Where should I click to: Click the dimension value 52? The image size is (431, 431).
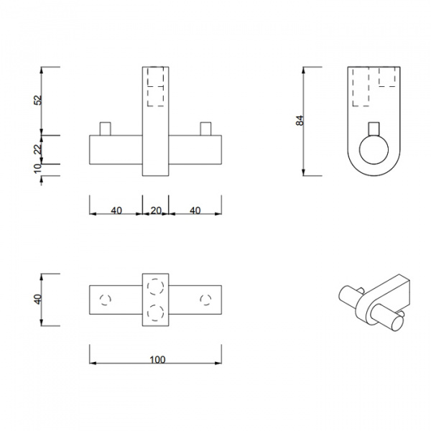[37, 100]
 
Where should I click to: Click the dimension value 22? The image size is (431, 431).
[37, 149]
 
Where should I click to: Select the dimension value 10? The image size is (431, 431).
[37, 168]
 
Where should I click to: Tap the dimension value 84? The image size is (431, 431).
[300, 121]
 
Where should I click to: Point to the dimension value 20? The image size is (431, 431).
[156, 210]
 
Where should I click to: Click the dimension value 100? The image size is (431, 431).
[157, 360]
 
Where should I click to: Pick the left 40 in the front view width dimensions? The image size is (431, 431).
[116, 210]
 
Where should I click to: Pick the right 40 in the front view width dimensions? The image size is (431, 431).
[195, 210]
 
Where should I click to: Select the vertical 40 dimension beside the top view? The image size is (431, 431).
[37, 299]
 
